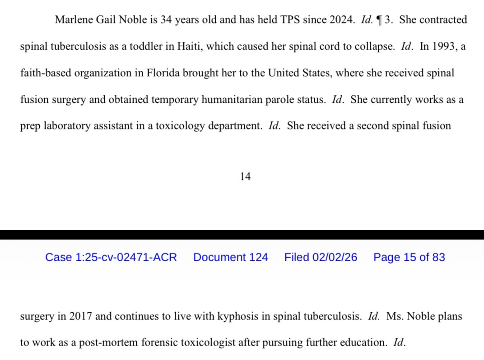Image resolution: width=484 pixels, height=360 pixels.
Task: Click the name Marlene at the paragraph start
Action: (x=73, y=20)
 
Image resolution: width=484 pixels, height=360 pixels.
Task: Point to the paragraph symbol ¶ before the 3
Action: (x=379, y=20)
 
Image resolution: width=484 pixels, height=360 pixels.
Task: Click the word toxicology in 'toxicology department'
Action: (x=180, y=125)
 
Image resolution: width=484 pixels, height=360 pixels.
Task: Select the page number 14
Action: (x=245, y=176)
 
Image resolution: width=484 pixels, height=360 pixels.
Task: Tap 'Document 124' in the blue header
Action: (x=231, y=257)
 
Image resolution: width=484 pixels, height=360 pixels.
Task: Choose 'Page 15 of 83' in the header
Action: (x=409, y=257)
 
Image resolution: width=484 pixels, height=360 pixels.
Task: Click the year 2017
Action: (x=80, y=316)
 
